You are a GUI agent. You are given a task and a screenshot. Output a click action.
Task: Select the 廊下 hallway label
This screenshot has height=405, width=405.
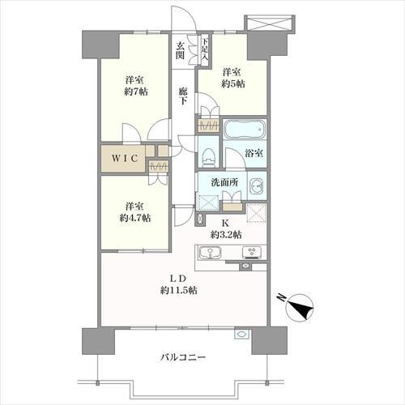[x=185, y=95]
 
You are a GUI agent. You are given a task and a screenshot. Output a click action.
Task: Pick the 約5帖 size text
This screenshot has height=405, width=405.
[x=233, y=84]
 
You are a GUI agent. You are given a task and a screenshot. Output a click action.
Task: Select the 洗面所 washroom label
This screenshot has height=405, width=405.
[x=225, y=183]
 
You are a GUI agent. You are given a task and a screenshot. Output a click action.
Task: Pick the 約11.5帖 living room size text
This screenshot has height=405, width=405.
[x=181, y=291]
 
